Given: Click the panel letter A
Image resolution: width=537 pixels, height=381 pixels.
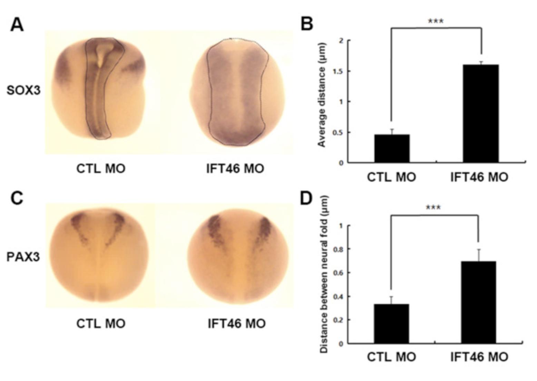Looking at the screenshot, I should pos(17,25).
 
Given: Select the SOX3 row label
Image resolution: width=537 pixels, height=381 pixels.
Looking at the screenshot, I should pos(23,90).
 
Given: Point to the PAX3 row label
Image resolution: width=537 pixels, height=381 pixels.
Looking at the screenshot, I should pos(23,257).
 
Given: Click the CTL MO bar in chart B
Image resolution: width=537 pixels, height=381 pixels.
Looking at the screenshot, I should pos(392,148).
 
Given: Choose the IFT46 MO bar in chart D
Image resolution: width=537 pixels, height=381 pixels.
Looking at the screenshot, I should pos(478,302).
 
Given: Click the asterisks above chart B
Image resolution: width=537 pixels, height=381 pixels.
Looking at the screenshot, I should pos(436,21).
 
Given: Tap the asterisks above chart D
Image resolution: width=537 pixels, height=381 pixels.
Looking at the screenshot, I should pos(433,208).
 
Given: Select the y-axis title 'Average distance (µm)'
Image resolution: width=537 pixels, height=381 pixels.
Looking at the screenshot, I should pos(322,95).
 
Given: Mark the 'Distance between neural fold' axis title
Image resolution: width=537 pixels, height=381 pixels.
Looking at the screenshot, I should pos(324,274).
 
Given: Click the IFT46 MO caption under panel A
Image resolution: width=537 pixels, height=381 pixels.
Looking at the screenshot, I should pos(235,169).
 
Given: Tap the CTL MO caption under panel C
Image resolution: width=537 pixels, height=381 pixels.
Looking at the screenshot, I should pos(101,324).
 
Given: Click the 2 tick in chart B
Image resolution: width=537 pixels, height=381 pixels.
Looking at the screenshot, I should pos(341,41).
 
